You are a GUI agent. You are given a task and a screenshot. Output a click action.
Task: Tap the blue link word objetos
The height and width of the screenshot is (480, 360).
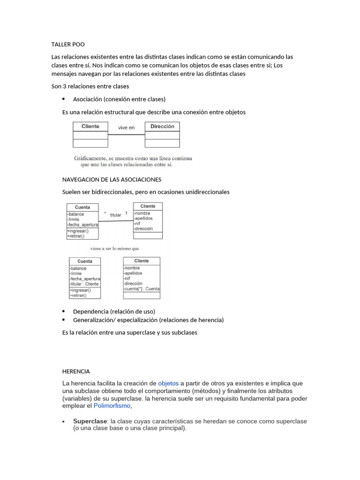coord(168,383)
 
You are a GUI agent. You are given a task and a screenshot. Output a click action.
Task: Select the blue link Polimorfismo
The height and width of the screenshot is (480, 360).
coord(112,405)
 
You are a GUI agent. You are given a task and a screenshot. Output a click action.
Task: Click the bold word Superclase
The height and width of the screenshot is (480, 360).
coord(90,421)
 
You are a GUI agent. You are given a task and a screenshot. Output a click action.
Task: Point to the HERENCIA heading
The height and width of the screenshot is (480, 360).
coord(76,371)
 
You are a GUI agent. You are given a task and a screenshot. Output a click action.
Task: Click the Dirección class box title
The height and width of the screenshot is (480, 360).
coord(162,127)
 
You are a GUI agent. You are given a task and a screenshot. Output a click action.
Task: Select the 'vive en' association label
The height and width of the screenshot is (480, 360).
coord(126,127)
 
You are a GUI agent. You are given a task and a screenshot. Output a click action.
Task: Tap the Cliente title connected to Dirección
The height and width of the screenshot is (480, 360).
coord(90,127)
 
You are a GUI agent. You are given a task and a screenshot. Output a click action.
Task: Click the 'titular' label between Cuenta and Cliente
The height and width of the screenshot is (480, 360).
coord(116,215)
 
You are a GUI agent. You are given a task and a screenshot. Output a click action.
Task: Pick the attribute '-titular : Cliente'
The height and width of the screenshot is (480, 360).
coord(84,284)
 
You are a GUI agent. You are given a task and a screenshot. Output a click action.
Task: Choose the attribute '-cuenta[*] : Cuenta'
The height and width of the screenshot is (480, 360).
coord(142,289)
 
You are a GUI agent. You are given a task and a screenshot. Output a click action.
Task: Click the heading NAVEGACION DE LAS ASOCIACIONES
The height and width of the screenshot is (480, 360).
coord(112,180)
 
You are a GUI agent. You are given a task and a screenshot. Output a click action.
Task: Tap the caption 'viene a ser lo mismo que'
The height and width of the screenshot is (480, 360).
coord(114,248)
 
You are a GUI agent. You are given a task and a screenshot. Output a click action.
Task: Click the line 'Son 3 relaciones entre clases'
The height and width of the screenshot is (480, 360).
coord(90,86)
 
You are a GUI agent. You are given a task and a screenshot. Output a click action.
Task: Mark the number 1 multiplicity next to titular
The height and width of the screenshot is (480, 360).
coord(126,213)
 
